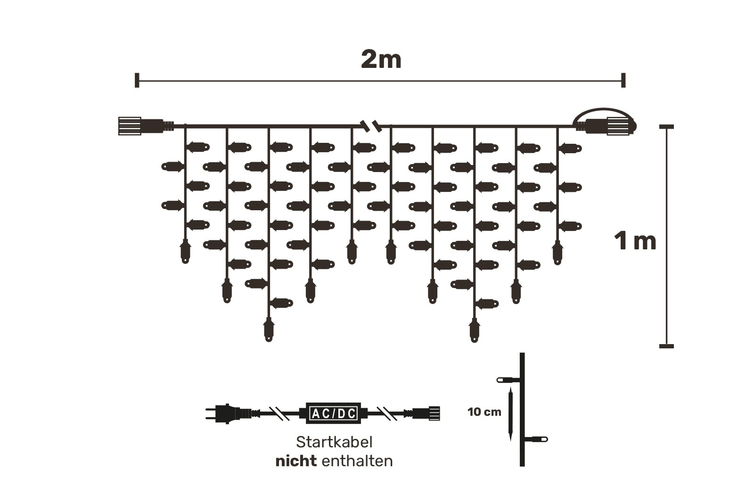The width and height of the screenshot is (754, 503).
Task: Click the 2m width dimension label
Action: (381, 60)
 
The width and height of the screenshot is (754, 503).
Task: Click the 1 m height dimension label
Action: (635, 241)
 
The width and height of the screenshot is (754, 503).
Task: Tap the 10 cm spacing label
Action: (484, 412)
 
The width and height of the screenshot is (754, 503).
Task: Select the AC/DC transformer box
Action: (333, 413)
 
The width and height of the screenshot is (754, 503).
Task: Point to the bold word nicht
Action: (295, 461)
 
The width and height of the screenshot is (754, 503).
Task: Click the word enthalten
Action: (357, 461)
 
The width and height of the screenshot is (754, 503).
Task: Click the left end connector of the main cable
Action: (131, 126)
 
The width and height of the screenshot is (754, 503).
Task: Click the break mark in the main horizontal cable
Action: (370, 125)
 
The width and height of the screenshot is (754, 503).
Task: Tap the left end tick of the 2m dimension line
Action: (137, 80)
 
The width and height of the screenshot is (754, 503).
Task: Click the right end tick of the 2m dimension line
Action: (623, 80)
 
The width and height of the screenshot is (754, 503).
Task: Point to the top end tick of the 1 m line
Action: (666, 127)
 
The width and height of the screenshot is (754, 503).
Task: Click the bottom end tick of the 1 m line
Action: (666, 346)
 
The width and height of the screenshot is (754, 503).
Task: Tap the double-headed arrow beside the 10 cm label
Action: (510, 413)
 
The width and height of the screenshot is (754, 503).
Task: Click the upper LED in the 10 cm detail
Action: (508, 379)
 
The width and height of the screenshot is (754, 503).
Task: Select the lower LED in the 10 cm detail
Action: (537, 439)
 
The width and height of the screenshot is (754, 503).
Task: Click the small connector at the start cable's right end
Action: (426, 413)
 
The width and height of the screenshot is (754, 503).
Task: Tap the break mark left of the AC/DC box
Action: (279, 413)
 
